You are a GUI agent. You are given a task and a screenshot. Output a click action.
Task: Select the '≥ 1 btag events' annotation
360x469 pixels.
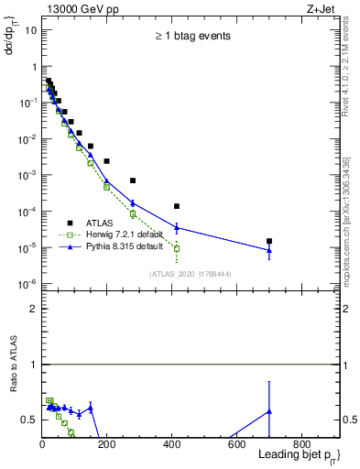(191, 37)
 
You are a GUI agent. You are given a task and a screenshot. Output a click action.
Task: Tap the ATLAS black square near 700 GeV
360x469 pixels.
(268, 241)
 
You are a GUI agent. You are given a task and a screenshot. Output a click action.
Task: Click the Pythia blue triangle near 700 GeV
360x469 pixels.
(268, 250)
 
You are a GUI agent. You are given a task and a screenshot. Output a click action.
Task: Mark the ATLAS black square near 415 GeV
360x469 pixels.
(176, 206)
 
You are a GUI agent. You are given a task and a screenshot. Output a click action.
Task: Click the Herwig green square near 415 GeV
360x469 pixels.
(176, 248)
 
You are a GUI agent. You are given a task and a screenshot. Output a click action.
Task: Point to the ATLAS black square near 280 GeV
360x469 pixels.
(133, 180)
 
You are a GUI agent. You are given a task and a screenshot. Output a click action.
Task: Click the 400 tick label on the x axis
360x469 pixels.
(171, 446)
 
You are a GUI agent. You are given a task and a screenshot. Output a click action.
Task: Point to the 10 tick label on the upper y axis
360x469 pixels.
(31, 30)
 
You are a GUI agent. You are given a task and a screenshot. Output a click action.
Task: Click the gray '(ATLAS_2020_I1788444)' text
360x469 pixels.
(191, 274)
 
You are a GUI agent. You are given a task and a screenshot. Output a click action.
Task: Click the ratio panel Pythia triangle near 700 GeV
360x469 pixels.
(268, 411)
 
